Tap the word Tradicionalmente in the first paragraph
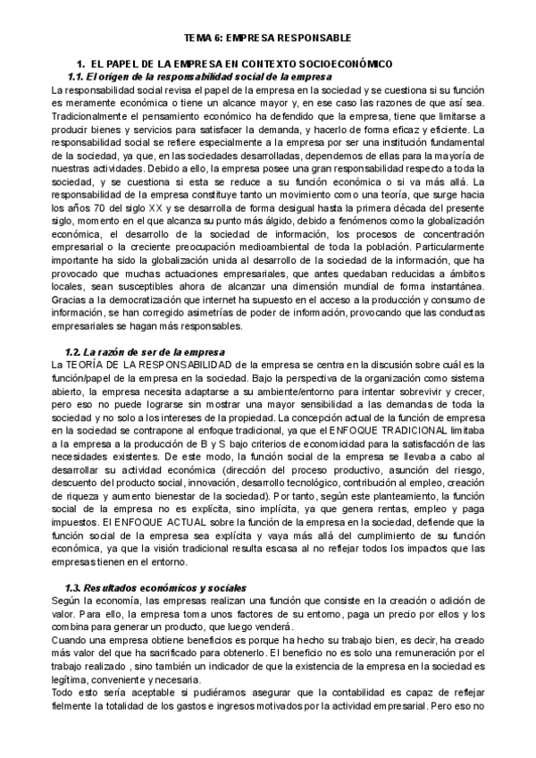[x=92, y=117]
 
